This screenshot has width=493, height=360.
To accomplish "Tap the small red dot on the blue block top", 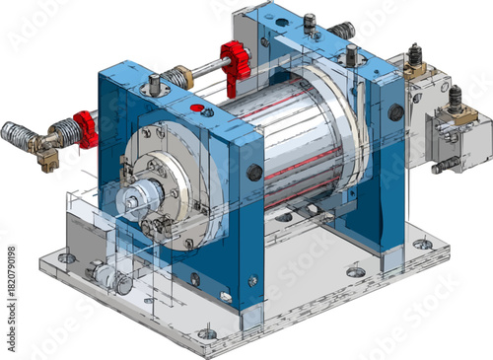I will click(196, 107).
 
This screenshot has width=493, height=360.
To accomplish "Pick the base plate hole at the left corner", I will click(66, 258).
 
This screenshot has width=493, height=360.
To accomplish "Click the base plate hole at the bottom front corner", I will click(206, 333).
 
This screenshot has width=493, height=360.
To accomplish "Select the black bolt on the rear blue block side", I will click(395, 112).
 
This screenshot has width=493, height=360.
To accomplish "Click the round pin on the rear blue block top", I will click(351, 54).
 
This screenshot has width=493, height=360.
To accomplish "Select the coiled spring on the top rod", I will click(180, 76).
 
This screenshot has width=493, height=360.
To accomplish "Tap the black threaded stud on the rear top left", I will click(310, 22).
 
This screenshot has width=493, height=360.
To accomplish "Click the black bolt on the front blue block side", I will click(253, 174).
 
